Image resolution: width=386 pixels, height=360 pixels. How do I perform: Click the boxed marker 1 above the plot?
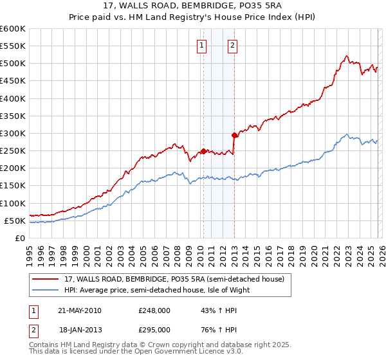point(202,45)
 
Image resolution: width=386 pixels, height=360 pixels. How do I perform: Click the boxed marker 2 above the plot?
point(232,45)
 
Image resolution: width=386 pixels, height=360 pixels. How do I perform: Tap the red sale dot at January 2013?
point(234,135)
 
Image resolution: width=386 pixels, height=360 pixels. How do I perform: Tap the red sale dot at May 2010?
point(204,151)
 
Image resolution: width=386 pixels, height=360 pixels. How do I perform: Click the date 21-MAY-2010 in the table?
point(80,310)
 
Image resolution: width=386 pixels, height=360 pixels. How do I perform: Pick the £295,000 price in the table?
point(154,329)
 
